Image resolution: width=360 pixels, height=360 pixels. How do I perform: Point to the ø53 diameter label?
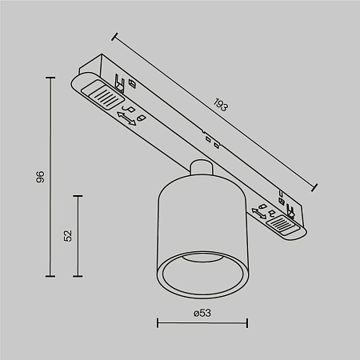[x=202, y=313]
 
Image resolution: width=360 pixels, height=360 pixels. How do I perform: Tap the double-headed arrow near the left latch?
[x=125, y=118]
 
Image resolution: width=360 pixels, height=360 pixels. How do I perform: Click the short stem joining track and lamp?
[x=202, y=169]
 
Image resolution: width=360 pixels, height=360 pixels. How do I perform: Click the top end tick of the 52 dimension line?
[x=78, y=194]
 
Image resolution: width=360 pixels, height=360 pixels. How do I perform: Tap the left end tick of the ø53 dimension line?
[x=157, y=324]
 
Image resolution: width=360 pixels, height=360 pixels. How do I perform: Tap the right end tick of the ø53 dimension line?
[x=247, y=324]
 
